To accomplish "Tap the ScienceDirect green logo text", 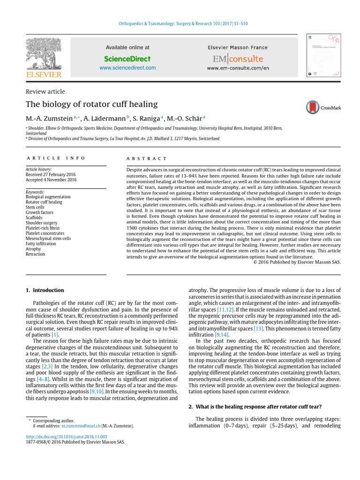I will (x=127, y=59).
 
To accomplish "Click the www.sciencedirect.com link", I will (x=127, y=68).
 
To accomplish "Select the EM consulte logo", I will (x=238, y=59).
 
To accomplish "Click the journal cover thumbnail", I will (x=324, y=56).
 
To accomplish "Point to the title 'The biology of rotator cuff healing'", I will (x=91, y=104).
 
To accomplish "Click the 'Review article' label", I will (x=45, y=91).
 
